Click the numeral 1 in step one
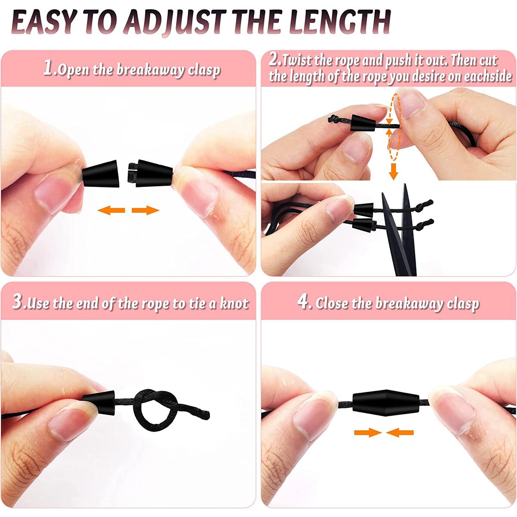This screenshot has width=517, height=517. click(x=48, y=68)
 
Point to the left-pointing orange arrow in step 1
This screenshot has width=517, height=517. click(x=111, y=210)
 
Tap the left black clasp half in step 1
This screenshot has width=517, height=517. click(x=100, y=173)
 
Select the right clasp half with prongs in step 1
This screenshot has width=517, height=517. click(x=150, y=173)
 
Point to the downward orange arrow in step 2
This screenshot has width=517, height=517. click(x=393, y=171)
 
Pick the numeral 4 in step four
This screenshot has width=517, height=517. click(x=303, y=302)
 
